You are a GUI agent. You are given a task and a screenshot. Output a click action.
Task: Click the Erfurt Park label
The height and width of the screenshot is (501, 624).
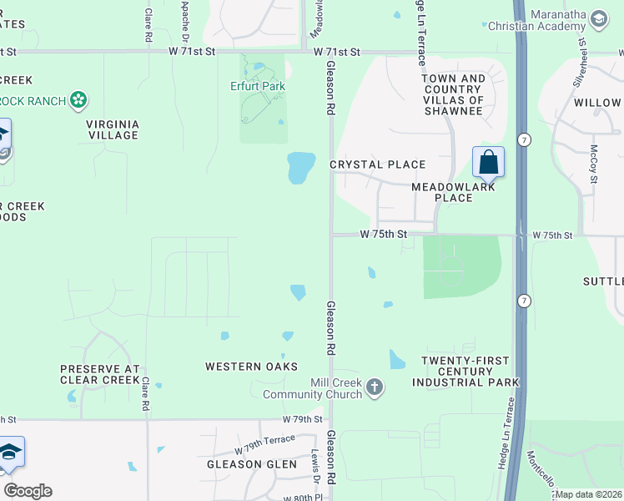[x=258, y=86]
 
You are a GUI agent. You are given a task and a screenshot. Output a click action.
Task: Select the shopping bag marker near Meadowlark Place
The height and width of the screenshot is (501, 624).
[x=488, y=162]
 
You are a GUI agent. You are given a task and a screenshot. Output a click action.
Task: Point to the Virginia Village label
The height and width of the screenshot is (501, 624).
[x=113, y=129]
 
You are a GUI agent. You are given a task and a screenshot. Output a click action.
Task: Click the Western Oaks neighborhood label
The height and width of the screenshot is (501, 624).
[x=252, y=367]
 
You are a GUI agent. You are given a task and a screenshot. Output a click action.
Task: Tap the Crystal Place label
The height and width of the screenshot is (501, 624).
[x=378, y=164]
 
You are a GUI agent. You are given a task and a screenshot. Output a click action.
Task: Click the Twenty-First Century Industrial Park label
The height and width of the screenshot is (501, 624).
[x=465, y=372]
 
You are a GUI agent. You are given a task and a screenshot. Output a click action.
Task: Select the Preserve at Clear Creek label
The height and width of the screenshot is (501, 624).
[x=99, y=374]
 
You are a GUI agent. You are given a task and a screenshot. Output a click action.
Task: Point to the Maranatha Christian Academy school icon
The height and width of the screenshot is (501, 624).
[x=598, y=18]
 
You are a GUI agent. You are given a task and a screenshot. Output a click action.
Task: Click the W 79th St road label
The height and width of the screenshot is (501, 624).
[x=302, y=418]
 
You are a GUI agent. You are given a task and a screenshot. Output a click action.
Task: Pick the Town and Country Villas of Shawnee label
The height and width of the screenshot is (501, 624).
[x=453, y=94]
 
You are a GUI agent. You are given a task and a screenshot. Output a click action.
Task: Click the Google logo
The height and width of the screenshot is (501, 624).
[x=28, y=491]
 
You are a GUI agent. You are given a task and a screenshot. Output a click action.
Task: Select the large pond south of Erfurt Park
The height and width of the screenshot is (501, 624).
[x=301, y=167]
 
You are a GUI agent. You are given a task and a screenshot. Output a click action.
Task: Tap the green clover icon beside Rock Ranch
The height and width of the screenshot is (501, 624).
[x=78, y=101]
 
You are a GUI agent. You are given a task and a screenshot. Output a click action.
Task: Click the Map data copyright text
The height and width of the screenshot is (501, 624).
[x=589, y=494]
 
